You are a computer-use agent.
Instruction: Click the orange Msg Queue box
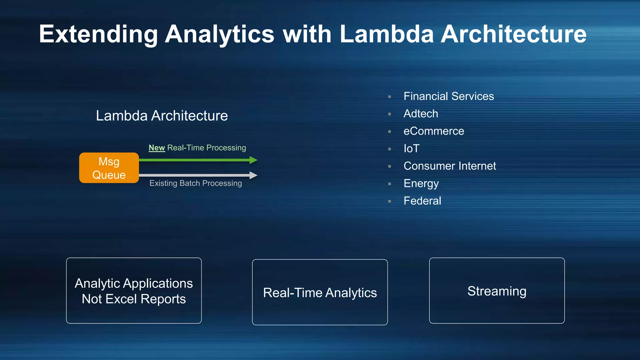click(109, 168)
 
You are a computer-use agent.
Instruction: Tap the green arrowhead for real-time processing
click(253, 160)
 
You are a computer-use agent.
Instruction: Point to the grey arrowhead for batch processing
click(253, 175)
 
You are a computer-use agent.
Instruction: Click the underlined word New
click(157, 148)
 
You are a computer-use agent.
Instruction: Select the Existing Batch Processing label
click(196, 183)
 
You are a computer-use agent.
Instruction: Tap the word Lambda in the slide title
click(387, 34)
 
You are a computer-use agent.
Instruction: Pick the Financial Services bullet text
click(448, 96)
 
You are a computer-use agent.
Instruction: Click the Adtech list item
click(421, 114)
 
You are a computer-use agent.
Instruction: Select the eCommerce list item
click(434, 131)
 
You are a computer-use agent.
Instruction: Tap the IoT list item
click(411, 148)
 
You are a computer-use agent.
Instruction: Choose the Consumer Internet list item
click(450, 166)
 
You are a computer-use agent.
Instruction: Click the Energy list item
click(421, 183)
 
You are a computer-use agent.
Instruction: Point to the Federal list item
click(422, 201)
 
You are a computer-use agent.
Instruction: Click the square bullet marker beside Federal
click(389, 202)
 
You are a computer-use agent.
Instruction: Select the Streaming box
click(497, 291)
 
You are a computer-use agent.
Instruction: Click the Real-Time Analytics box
click(320, 292)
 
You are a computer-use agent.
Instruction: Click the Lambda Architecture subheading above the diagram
click(162, 116)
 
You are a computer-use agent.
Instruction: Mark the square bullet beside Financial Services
click(389, 97)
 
